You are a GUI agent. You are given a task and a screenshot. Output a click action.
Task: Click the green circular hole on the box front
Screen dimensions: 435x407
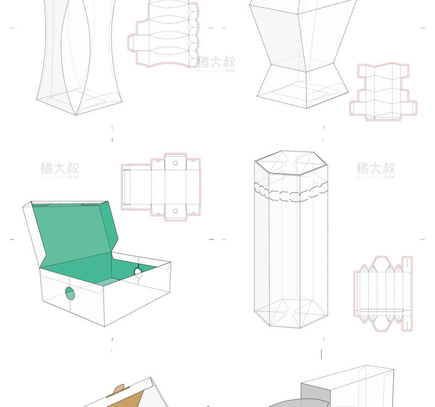70,293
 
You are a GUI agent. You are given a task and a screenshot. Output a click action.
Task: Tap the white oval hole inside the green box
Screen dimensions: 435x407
138,272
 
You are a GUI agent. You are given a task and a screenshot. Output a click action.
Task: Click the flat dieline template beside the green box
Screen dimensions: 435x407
160,187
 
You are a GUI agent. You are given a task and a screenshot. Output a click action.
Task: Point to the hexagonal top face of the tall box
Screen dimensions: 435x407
291,163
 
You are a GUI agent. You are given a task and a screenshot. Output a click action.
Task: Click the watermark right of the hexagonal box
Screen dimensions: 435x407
376,169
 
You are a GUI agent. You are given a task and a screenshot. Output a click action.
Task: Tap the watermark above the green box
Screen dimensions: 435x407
59,169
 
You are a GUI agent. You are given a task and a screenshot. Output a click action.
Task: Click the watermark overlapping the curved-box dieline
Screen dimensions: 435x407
216,62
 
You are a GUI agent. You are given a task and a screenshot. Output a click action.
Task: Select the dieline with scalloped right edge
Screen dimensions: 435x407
165,34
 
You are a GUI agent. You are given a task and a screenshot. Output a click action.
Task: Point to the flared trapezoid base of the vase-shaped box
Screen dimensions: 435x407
303,85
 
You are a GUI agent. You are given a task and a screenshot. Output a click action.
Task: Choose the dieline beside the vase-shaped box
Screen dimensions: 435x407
383,91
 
